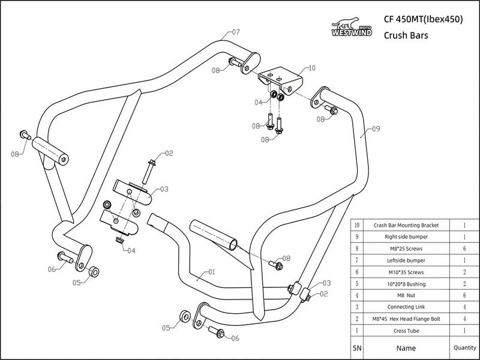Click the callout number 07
tap(235, 32)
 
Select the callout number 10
tap(311, 68)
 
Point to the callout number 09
tap(376, 128)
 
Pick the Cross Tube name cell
tap(406, 330)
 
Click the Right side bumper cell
tap(406, 237)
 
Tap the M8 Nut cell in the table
tap(406, 295)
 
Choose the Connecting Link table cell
tap(406, 307)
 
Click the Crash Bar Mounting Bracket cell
tap(406, 225)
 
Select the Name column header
tap(406, 347)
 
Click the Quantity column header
tap(465, 347)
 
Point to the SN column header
tap(358, 347)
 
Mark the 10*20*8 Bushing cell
tap(406, 283)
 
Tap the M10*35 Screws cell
tap(406, 272)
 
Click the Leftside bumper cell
tap(406, 260)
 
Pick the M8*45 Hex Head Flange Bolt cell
tap(406, 318)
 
